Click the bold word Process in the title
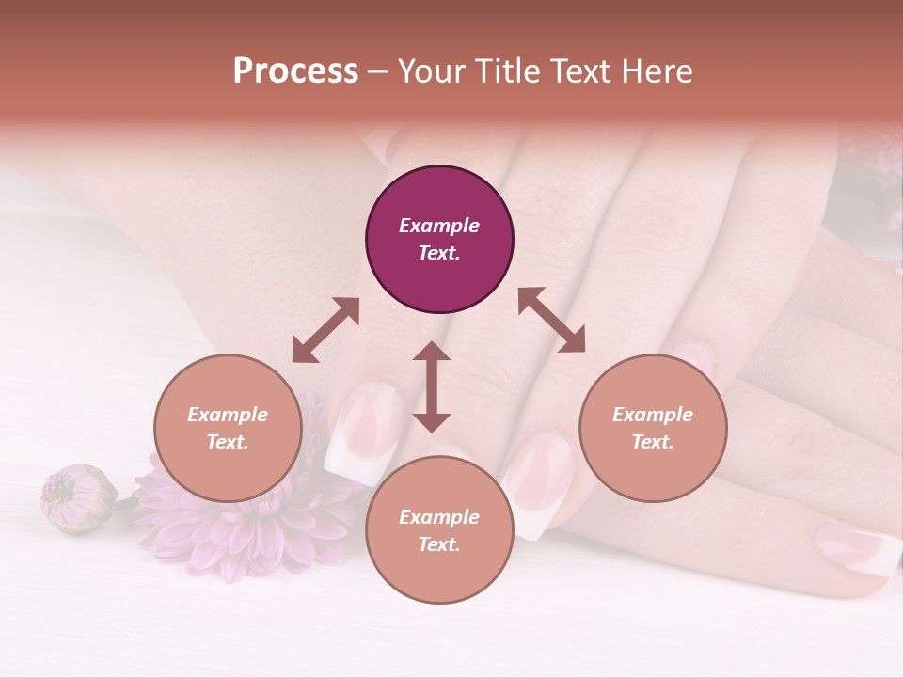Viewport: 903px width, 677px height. pos(295,71)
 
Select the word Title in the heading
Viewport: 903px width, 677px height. pos(509,71)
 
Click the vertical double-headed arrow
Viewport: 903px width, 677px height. pos(432,386)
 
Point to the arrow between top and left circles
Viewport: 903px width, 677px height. pos(325,330)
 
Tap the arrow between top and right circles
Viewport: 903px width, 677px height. pos(551,321)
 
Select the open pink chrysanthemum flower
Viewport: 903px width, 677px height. pos(235,522)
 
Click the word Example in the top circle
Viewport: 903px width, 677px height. pos(439,226)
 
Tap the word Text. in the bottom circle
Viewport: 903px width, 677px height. pos(439,544)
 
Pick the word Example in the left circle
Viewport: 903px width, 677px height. pos(228,415)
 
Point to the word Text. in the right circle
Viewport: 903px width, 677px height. pos(653,442)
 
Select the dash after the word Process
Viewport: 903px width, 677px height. pos(378,71)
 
